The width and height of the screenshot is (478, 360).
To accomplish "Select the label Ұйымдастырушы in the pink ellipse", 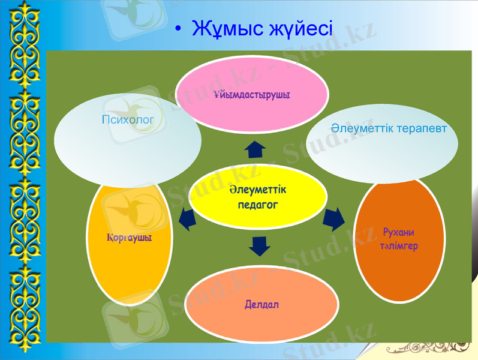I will (251, 95).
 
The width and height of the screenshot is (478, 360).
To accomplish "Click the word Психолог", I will (128, 120).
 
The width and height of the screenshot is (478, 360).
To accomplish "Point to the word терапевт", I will (422, 128).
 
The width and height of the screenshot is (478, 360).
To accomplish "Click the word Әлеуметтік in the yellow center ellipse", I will (257, 190).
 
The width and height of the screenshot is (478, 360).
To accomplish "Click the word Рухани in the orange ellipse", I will (398, 232).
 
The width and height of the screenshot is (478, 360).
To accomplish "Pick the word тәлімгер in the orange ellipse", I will (398, 246).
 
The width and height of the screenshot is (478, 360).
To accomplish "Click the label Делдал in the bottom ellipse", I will (261, 305).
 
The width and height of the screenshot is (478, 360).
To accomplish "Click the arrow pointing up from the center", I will (255, 149).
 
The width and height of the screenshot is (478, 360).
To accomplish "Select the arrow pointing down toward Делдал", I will (259, 245).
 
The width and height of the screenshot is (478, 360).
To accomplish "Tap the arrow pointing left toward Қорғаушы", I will (187, 220).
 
